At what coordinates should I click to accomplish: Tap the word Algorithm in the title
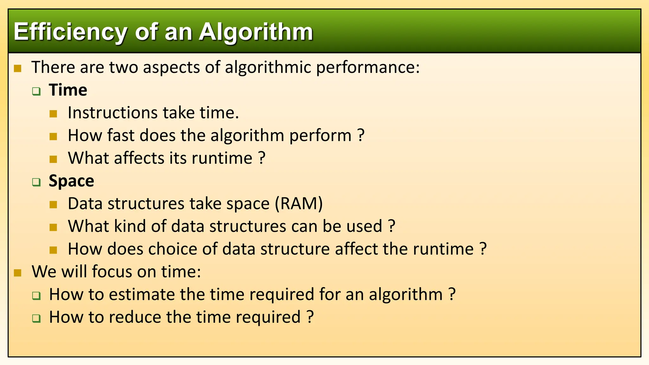pos(256,32)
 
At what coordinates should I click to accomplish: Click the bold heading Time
pos(68,90)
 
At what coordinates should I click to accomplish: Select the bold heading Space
pos(71,181)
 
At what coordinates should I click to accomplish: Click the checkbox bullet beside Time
pos(36,92)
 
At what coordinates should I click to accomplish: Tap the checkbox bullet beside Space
pos(36,182)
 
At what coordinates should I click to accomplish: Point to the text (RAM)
pos(299,204)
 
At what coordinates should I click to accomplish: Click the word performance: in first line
pos(368,68)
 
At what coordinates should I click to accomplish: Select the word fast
pos(120,136)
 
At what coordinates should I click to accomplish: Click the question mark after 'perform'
pos(361,136)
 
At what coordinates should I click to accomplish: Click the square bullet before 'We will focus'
pos(18,273)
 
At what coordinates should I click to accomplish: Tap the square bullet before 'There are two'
pos(18,68)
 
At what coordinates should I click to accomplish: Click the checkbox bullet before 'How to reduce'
pos(36,318)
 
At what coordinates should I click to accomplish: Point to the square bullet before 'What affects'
pos(53,159)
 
